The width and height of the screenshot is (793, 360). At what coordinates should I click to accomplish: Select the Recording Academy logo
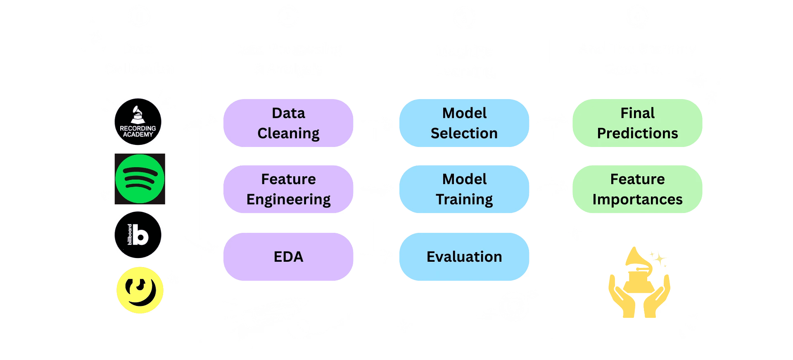click(x=138, y=122)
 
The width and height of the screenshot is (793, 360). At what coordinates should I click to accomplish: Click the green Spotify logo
click(x=140, y=179)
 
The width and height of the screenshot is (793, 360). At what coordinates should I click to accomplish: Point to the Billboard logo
click(x=138, y=235)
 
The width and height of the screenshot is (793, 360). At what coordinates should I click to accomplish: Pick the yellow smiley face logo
click(x=140, y=290)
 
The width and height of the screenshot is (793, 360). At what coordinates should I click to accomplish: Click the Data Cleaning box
click(x=288, y=123)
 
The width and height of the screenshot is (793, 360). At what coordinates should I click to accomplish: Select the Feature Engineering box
click(x=288, y=189)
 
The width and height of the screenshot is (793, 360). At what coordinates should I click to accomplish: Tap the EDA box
click(x=288, y=257)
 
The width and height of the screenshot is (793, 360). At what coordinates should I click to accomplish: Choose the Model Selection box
click(x=464, y=123)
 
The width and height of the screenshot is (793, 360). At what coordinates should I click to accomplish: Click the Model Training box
click(x=464, y=189)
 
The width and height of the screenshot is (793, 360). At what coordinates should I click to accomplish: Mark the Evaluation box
click(x=464, y=257)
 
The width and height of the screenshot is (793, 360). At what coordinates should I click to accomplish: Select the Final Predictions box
click(x=637, y=123)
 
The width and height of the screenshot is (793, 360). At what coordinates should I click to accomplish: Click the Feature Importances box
click(x=637, y=189)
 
